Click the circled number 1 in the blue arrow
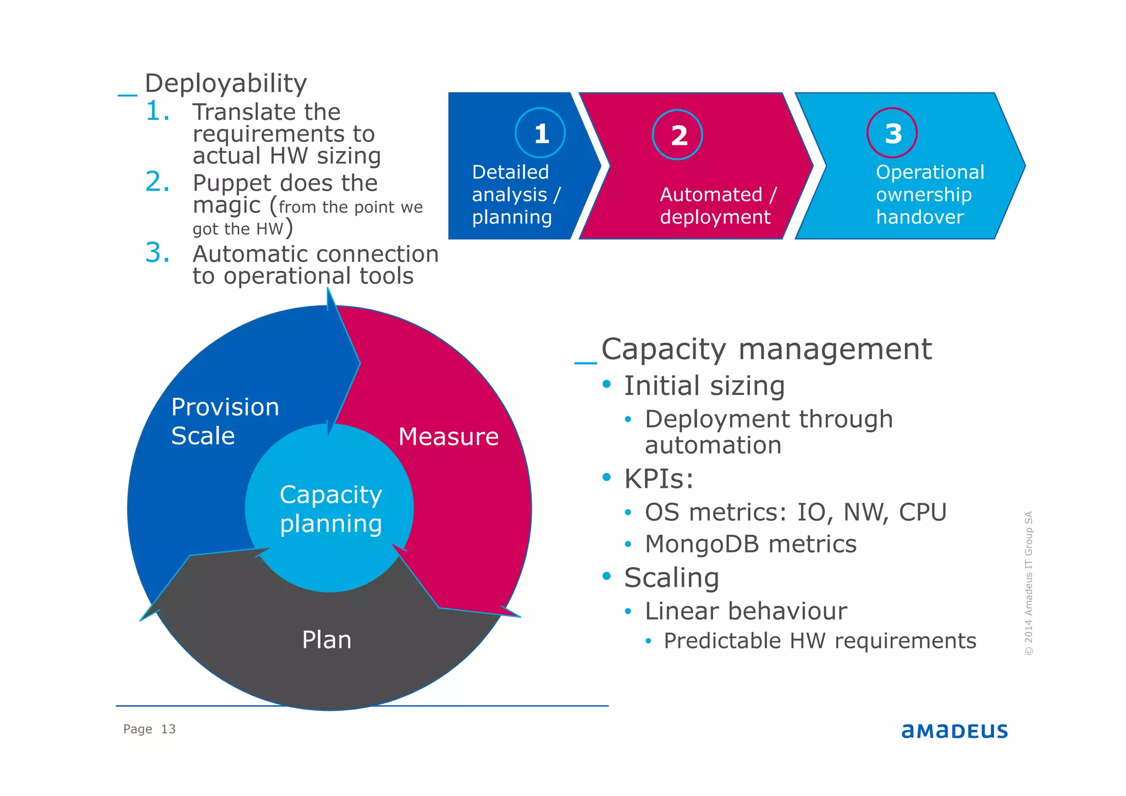(x=540, y=134)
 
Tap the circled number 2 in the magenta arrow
(x=678, y=135)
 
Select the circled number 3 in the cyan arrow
(x=892, y=133)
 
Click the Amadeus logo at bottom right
(x=954, y=731)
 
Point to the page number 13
(x=168, y=729)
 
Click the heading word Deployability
(x=225, y=84)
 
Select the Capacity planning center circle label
(x=330, y=509)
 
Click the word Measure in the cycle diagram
(x=448, y=437)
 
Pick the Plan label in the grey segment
(x=327, y=640)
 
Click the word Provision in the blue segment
(x=225, y=407)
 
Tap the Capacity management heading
(x=766, y=349)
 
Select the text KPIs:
(x=658, y=479)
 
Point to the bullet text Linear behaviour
(x=746, y=611)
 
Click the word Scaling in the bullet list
(x=671, y=578)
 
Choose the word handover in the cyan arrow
(x=919, y=217)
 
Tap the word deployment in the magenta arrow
(x=715, y=217)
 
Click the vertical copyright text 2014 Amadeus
(x=1029, y=594)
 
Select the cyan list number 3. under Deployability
(x=157, y=253)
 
